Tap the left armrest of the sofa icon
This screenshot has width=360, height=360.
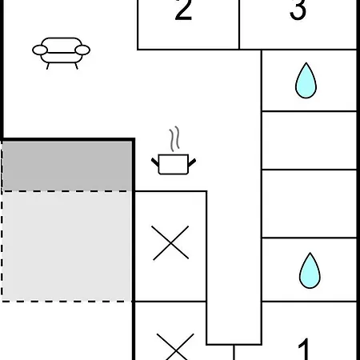40,50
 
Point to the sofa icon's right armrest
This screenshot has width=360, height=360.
82,50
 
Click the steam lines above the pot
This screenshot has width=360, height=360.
174,138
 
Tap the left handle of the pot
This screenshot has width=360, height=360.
155,162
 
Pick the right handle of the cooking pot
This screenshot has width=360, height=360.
192,162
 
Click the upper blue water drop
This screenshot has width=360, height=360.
306,81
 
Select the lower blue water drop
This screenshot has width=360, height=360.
310,270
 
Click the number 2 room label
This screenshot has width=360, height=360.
183,10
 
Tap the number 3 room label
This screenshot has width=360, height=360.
298,10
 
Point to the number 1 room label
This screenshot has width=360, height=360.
304,350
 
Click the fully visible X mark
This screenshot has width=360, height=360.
170,242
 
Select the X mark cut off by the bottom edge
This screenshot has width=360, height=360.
175,346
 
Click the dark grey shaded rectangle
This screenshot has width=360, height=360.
67,166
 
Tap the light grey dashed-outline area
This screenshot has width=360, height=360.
66,246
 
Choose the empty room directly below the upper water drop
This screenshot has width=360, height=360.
310,140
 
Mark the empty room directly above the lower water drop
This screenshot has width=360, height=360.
310,203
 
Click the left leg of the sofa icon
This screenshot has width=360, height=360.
48,66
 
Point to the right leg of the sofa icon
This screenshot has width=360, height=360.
76,66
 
